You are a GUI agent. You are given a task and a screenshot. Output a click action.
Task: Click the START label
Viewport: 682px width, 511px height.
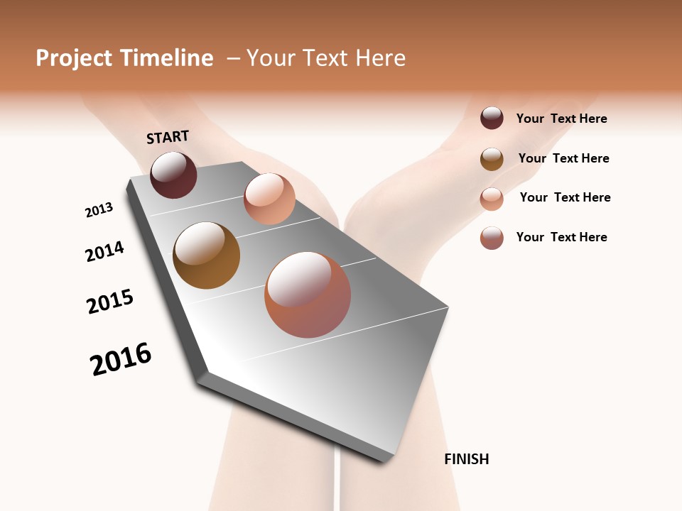pos(168,137)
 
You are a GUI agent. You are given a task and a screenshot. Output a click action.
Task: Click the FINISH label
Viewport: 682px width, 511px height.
pos(467,459)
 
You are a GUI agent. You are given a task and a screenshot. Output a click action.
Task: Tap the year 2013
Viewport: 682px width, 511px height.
pos(99,210)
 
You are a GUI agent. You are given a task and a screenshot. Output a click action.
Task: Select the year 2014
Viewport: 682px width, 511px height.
pos(105,252)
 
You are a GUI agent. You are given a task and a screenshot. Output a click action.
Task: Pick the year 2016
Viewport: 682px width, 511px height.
pos(121,359)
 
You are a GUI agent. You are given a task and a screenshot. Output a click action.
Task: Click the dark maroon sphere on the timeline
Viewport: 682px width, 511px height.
pos(173,175)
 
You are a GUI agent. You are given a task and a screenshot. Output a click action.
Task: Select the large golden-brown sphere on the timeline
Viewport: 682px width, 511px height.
pos(206,255)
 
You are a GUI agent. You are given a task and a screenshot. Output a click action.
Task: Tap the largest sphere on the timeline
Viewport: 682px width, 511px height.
pos(308,295)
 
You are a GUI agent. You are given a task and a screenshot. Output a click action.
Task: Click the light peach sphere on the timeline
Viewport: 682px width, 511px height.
pos(269,199)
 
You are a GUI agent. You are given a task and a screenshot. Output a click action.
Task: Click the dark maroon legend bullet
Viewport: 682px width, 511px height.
pos(492,119)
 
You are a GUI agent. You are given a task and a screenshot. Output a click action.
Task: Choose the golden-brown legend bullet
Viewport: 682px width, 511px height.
pos(492,159)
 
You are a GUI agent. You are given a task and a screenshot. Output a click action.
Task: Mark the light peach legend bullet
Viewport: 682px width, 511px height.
pos(492,199)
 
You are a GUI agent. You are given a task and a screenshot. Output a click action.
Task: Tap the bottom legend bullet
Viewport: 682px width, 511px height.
pos(492,238)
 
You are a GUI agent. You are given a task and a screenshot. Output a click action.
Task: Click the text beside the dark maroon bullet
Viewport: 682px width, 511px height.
pos(561,119)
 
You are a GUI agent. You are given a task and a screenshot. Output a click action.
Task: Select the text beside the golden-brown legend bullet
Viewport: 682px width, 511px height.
pos(563,158)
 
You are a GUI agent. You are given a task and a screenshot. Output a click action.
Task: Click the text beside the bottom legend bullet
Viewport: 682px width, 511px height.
pos(561,237)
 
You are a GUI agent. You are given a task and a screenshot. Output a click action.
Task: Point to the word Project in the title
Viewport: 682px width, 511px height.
pos(73,58)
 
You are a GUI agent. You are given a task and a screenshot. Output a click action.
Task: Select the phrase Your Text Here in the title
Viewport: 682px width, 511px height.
pos(326,58)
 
